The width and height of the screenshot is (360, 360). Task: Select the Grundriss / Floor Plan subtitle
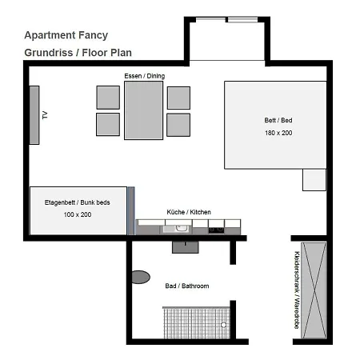pos(78,53)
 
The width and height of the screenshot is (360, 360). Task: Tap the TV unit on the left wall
pos(34,115)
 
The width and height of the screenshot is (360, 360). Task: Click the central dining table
pos(143,110)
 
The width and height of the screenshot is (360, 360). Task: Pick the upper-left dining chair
pos(108,97)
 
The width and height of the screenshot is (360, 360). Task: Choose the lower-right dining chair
pos(178,125)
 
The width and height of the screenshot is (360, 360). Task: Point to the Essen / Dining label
pos(144,76)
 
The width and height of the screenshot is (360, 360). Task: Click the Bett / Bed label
pos(278,121)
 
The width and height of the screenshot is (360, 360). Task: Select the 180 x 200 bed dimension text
pos(278,133)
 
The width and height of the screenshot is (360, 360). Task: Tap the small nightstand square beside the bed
pos(314,180)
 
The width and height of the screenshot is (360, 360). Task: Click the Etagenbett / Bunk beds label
pos(78,203)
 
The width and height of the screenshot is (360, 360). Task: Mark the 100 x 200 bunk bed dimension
pos(78,214)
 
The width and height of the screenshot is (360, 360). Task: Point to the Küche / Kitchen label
pos(189,212)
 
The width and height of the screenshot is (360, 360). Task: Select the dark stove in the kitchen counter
pos(216,229)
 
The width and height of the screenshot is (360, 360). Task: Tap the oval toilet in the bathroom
pos(140,277)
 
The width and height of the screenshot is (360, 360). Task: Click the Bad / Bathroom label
pos(187,286)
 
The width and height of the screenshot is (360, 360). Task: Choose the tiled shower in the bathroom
pos(196,323)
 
